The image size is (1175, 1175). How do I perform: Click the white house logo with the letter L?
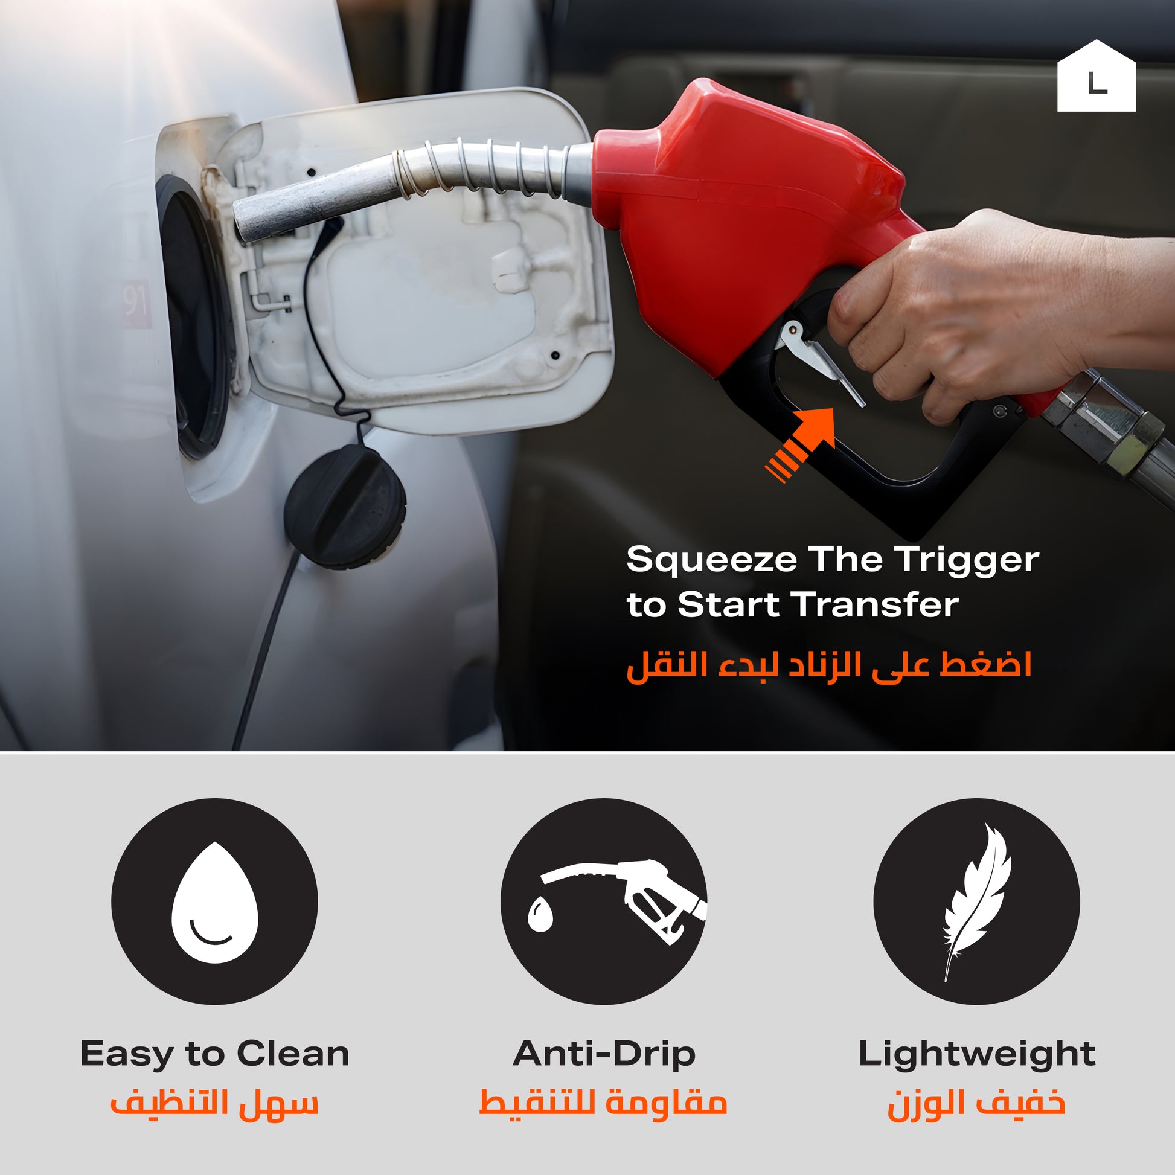1096,76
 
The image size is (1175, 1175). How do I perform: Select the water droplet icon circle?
214,901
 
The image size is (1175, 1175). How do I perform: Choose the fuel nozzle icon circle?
604,901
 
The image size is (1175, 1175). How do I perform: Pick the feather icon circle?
977,901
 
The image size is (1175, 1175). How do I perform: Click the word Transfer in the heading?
877,605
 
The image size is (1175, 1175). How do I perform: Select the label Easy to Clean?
215,1054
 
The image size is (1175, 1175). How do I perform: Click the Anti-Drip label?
604,1054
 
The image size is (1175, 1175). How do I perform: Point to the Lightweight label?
977,1054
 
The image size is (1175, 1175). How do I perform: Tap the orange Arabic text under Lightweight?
977,1103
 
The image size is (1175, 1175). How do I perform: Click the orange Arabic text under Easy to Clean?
214,1103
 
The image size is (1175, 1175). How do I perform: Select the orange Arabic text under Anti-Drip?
603,1103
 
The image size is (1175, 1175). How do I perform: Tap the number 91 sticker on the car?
136,303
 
